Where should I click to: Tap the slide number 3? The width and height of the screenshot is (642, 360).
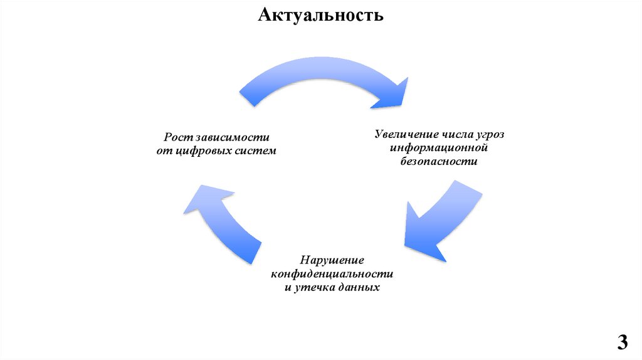click(x=622, y=342)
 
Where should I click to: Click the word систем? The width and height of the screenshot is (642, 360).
click(x=255, y=151)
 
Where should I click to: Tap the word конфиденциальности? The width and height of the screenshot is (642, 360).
click(x=332, y=274)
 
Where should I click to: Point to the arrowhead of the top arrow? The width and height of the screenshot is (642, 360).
click(x=395, y=94)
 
